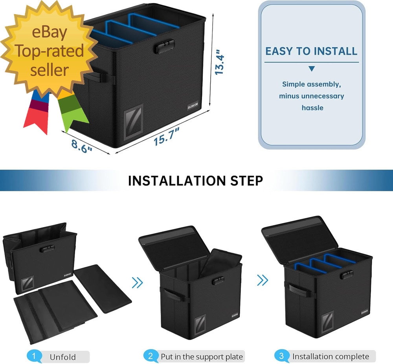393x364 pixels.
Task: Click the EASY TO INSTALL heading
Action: pos(311,51)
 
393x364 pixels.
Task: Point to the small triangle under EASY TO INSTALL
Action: pos(312,69)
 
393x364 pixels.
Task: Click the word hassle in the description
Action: pos(312,107)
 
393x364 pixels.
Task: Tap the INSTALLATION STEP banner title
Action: pos(195,181)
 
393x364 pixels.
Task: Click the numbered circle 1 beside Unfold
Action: pos(34,357)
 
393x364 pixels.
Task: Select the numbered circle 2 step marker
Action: pos(151,357)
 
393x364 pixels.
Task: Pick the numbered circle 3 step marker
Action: pos(281,357)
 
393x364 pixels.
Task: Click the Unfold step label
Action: pos(62,357)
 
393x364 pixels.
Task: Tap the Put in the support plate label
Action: pos(202,357)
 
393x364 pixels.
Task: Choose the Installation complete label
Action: pos(331,357)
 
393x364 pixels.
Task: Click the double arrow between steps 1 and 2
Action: pos(137,282)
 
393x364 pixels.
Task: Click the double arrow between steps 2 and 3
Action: pos(263,280)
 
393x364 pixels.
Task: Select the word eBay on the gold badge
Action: pos(50,33)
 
